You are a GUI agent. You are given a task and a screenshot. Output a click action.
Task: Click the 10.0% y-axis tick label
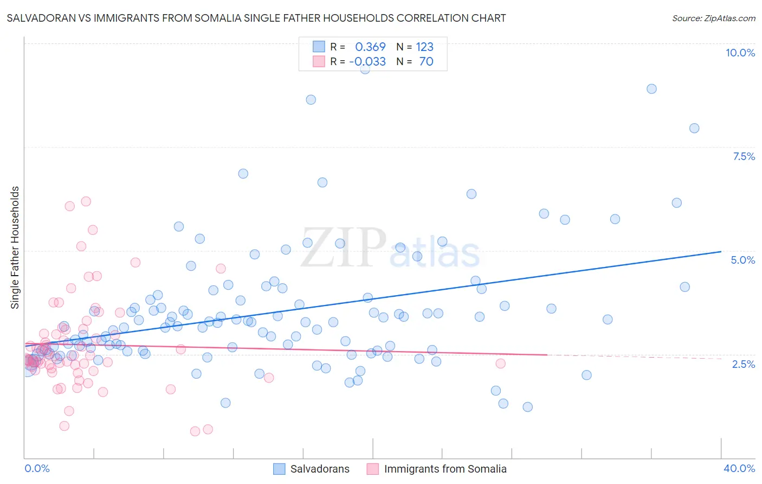tap(740, 53)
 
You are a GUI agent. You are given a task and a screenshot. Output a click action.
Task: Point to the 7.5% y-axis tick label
tap(744, 156)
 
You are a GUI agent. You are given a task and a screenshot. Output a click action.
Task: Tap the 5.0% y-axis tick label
tap(742, 260)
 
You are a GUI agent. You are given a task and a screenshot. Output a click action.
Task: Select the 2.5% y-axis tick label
tap(743, 364)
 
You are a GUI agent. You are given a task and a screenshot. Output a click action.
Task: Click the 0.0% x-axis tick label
tap(37, 468)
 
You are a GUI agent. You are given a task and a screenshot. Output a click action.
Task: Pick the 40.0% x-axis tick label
tap(739, 468)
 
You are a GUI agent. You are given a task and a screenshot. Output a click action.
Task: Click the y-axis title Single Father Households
tap(15, 247)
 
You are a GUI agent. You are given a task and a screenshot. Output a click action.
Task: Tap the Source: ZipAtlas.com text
tap(713, 18)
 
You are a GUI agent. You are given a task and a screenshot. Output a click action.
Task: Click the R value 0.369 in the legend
tap(370, 47)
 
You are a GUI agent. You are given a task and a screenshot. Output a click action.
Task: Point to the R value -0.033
tap(367, 61)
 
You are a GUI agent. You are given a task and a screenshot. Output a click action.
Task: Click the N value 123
tap(424, 47)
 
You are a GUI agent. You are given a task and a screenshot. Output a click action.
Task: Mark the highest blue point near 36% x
tap(651, 89)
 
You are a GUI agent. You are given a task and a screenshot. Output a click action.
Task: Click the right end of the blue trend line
tap(721, 251)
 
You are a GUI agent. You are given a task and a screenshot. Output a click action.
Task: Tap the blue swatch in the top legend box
tap(319, 47)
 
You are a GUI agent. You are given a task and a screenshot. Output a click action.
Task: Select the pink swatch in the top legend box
tap(319, 61)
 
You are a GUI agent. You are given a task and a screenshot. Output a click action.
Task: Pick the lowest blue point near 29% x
tap(527, 407)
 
